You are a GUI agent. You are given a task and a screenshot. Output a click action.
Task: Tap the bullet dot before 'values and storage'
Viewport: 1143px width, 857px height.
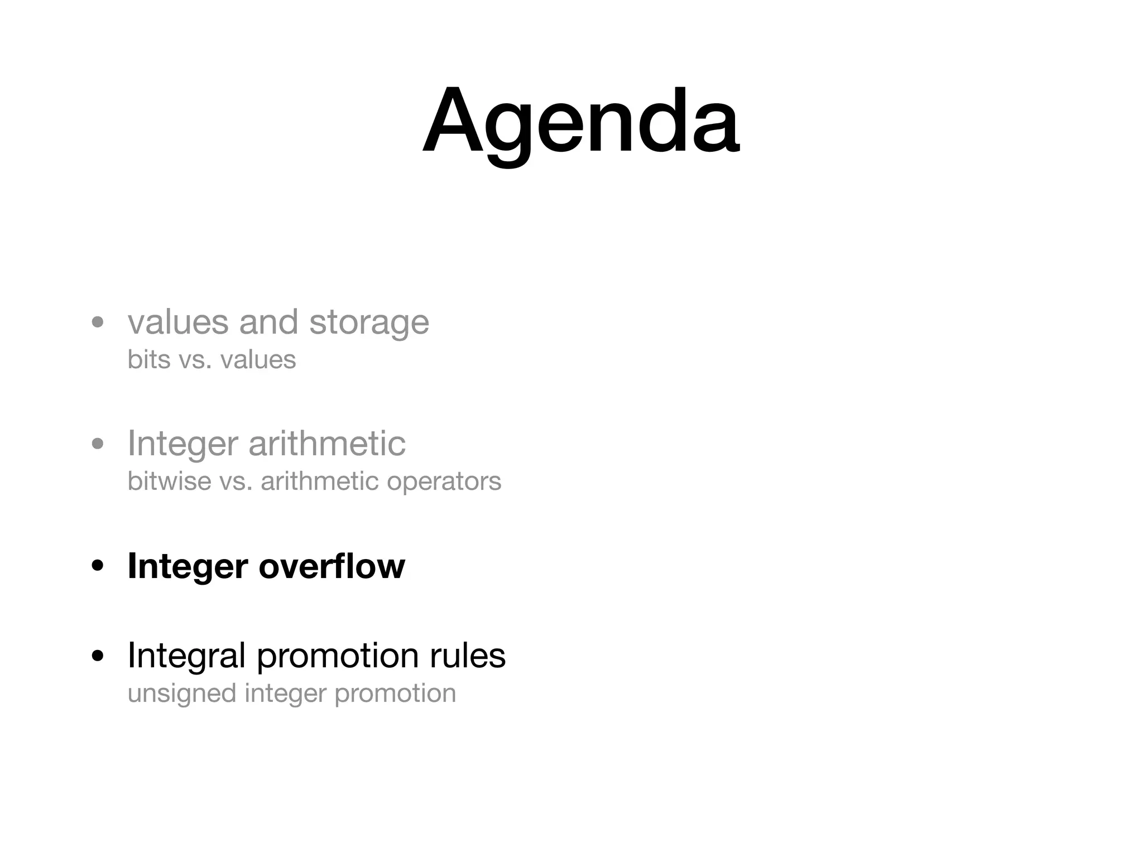pos(98,322)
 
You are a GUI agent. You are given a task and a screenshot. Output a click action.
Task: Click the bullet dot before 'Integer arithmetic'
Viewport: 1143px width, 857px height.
pos(98,444)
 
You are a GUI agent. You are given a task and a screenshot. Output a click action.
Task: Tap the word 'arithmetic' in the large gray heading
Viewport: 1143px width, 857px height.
pos(326,444)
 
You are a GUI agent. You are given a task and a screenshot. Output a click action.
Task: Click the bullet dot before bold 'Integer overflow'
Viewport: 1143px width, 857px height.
pos(98,566)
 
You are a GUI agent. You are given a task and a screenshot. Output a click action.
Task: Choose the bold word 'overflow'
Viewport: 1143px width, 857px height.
pos(332,566)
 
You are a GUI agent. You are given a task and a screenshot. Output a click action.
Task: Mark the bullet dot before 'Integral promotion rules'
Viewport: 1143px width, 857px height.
pos(98,656)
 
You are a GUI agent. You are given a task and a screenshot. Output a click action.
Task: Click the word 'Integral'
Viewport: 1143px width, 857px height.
pos(186,657)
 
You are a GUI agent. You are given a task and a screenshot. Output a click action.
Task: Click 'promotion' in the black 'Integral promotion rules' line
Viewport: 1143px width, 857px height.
pos(338,657)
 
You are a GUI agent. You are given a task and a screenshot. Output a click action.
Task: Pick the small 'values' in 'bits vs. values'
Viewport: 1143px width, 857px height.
pos(258,360)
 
